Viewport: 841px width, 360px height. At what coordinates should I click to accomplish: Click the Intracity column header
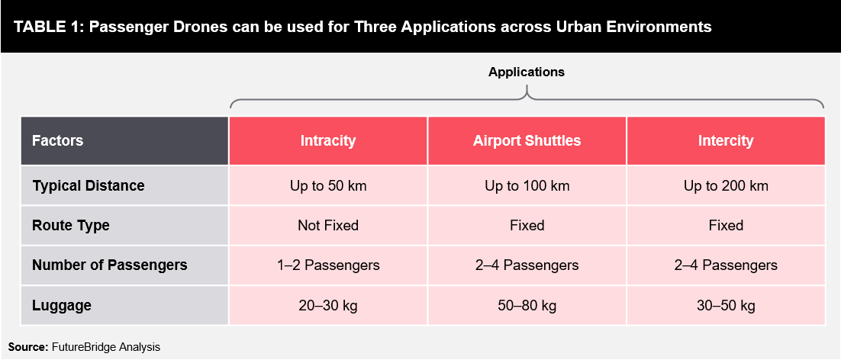point(327,141)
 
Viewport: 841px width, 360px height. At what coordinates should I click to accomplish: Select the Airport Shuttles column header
point(527,141)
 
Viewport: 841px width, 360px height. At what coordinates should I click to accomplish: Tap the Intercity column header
point(726,141)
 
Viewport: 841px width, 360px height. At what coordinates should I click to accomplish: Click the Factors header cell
point(125,141)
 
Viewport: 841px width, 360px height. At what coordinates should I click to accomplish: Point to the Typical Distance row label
point(125,186)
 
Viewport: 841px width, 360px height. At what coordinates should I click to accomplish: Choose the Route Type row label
point(125,226)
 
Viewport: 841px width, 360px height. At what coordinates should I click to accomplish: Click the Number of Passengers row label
point(125,265)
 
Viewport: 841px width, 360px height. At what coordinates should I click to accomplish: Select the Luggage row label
point(125,305)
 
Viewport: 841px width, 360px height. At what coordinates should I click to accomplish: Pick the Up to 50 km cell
point(327,186)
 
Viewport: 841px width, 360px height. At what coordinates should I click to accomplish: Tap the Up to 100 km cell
point(527,186)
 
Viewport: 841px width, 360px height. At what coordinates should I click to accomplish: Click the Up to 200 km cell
point(726,186)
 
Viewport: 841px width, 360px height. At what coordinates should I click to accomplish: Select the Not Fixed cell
point(327,226)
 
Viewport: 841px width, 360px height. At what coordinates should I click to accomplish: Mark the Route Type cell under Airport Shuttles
point(527,226)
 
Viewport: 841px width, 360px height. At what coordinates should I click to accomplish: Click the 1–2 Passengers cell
point(327,265)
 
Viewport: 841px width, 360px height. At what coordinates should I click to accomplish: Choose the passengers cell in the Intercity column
point(726,265)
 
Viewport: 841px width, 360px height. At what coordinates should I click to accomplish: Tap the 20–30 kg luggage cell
point(327,305)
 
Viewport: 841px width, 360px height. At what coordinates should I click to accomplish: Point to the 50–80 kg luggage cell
point(527,305)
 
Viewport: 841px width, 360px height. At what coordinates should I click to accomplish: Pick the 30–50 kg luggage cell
point(726,305)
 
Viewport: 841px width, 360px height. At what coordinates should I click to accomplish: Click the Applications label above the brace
point(526,72)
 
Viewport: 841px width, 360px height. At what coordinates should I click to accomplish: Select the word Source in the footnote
point(28,347)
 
